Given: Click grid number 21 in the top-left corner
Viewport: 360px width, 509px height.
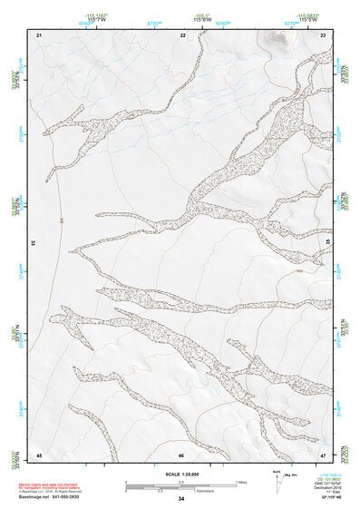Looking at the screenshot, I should click(39, 34).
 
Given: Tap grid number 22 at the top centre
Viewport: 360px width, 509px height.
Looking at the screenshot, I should click(182, 34).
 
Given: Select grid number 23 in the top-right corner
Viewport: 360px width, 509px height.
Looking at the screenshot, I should click(324, 34).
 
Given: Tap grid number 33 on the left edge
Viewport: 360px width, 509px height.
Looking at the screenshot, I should click(33, 243).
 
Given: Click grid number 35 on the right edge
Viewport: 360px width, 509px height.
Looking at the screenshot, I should click(328, 243).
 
